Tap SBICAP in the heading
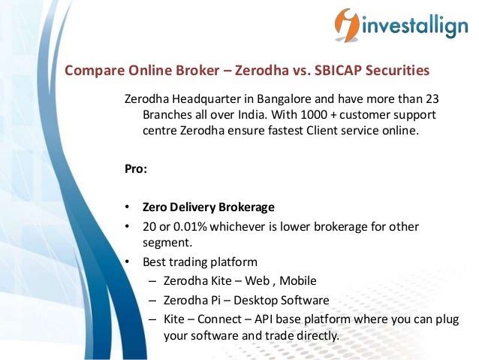pos(338,71)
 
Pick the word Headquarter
pos(203,100)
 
